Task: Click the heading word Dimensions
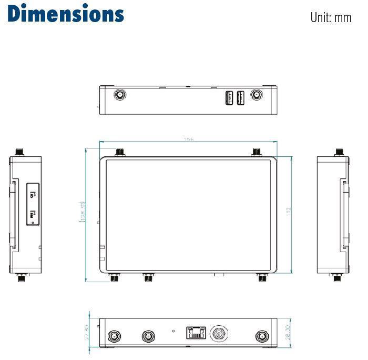pyautogui.click(x=66, y=14)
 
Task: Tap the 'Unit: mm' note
pyautogui.click(x=330, y=17)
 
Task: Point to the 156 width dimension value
pyautogui.click(x=188, y=140)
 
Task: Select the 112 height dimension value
pyautogui.click(x=288, y=211)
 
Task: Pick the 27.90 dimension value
pyautogui.click(x=87, y=332)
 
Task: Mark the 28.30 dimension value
pyautogui.click(x=287, y=332)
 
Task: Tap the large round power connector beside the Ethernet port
pyautogui.click(x=218, y=334)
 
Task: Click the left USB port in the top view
pyautogui.click(x=230, y=97)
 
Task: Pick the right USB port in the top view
pyautogui.click(x=241, y=97)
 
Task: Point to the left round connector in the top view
pyautogui.click(x=120, y=95)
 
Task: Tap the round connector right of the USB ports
pyautogui.click(x=257, y=95)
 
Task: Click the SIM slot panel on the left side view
pyautogui.click(x=33, y=204)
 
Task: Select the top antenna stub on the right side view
pyautogui.click(x=339, y=152)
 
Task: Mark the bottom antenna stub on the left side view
pyautogui.click(x=21, y=277)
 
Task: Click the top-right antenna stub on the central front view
pyautogui.click(x=257, y=152)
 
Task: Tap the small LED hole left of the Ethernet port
pyautogui.click(x=174, y=331)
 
